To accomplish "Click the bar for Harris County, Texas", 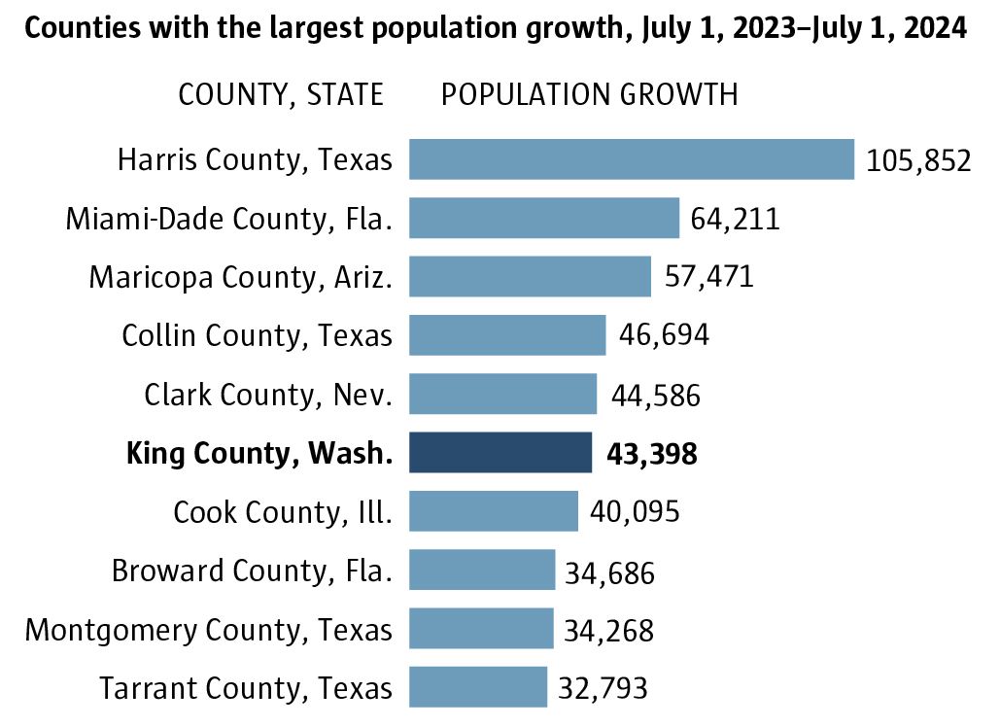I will click(631, 159).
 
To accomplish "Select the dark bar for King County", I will click(500, 453).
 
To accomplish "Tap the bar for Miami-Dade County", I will click(543, 218).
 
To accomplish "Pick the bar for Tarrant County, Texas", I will click(478, 687).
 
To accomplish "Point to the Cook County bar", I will click(494, 511).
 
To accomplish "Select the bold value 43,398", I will click(651, 454).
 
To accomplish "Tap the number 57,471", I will click(708, 277).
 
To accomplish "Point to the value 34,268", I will click(609, 630).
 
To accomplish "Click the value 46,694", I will click(665, 335).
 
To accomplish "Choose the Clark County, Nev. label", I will click(268, 395).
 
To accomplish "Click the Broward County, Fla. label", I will click(252, 571).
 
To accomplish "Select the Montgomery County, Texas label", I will click(209, 630).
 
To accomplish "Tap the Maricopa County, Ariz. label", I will click(241, 277).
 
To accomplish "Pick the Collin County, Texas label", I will click(258, 335).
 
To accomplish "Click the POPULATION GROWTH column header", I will click(589, 94).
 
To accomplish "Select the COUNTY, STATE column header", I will click(281, 94).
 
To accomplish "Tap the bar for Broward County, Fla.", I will click(482, 571).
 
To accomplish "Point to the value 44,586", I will click(656, 395).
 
